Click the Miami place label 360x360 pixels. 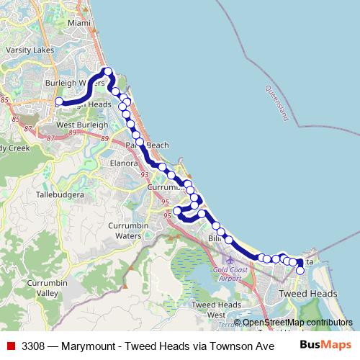click(79, 23)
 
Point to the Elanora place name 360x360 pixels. click(123, 163)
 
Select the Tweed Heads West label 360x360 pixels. click(207, 310)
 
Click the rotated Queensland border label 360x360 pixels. click(280, 103)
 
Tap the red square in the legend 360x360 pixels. click(10, 346)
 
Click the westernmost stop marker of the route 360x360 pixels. click(59, 102)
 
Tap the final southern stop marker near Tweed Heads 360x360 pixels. click(300, 271)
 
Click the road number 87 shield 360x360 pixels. click(29, 128)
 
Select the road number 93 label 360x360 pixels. click(145, 174)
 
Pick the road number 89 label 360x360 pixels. click(72, 132)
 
